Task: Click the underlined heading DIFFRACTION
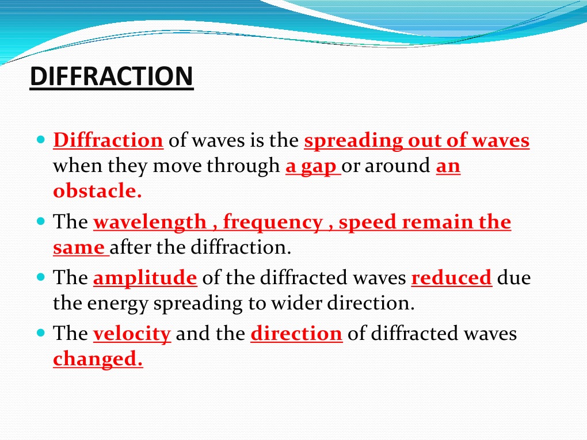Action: (x=112, y=77)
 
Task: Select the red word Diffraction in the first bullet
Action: (x=108, y=140)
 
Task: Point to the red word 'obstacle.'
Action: (x=97, y=192)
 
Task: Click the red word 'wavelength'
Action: (x=150, y=222)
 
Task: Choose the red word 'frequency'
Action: (x=272, y=222)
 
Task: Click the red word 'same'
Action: (x=79, y=248)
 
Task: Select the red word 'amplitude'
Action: (x=145, y=278)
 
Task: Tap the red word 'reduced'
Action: (x=452, y=278)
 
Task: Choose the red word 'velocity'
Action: (x=132, y=334)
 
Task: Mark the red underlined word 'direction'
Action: (x=296, y=334)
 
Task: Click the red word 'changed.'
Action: (x=98, y=359)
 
